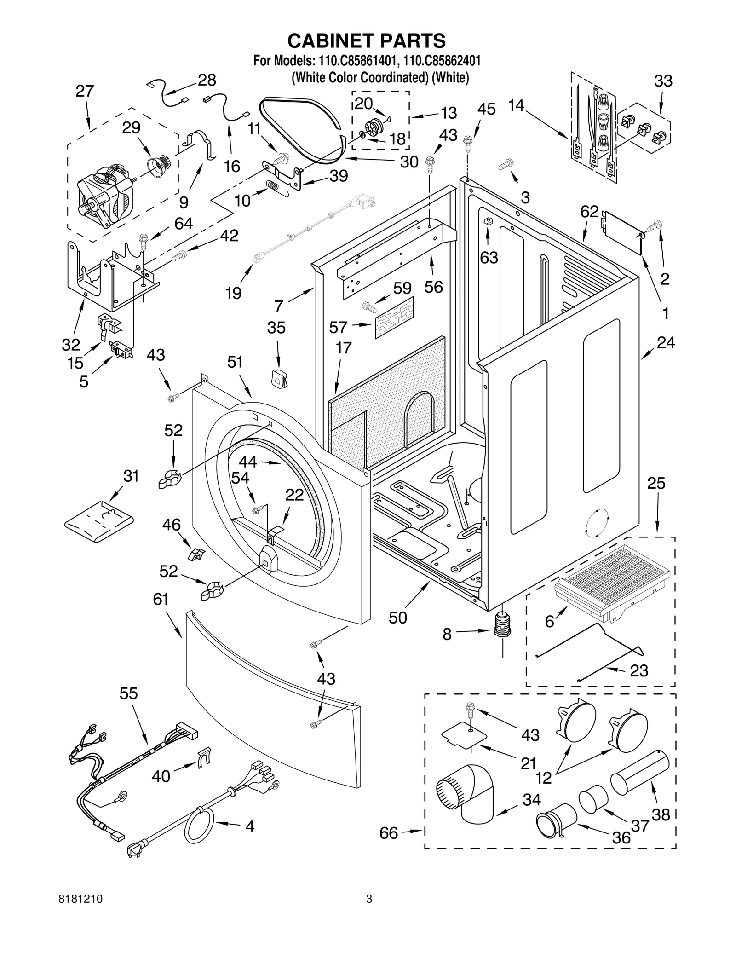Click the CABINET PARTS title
367,40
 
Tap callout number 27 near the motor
85,91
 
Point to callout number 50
398,618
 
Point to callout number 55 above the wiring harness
128,693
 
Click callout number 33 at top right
663,81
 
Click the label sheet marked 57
394,318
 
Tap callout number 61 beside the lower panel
161,599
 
